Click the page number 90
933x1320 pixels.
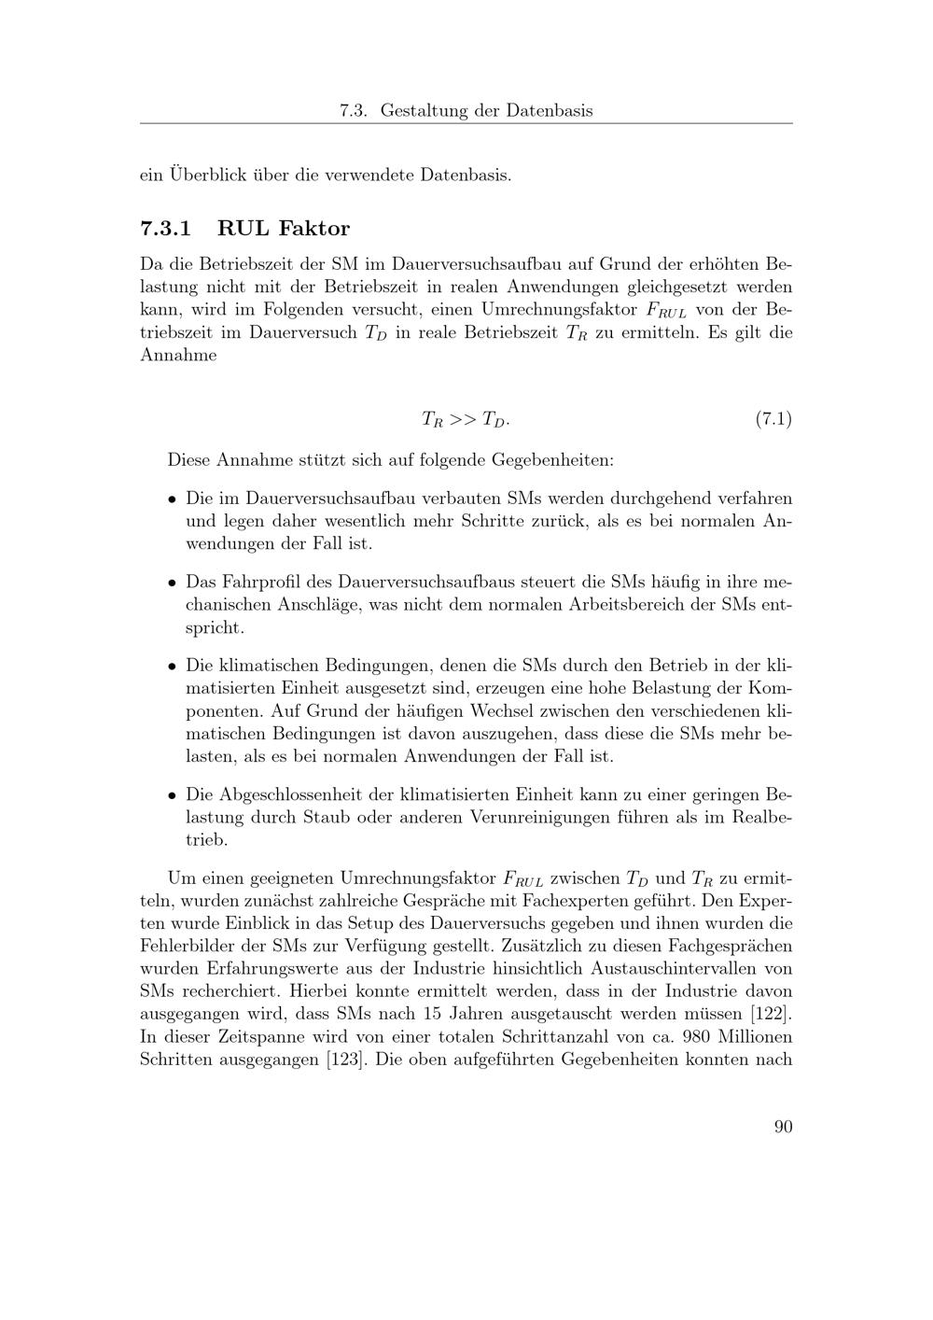(783, 1127)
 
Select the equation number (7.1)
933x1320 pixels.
(773, 419)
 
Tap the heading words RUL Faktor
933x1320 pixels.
(284, 229)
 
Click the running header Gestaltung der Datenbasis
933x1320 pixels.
(486, 111)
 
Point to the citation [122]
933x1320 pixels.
(772, 1014)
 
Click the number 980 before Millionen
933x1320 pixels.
(700, 1037)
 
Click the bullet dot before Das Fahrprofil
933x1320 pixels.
(173, 583)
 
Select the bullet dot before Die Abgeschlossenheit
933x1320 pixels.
(173, 796)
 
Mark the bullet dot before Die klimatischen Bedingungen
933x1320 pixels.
(173, 668)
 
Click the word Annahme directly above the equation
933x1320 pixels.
(178, 355)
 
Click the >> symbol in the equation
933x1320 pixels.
(463, 419)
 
